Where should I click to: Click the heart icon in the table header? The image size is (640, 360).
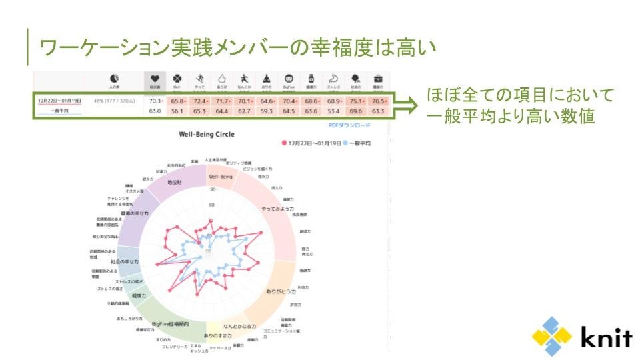click(x=155, y=79)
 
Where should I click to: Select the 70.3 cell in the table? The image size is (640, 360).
click(x=156, y=101)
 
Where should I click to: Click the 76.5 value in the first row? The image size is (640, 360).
click(x=379, y=101)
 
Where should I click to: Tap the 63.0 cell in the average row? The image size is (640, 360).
click(x=155, y=111)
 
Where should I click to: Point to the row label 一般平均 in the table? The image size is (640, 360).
click(x=59, y=111)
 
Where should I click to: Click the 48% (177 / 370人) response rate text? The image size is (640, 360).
click(x=115, y=101)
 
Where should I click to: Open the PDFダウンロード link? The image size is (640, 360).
click(x=350, y=125)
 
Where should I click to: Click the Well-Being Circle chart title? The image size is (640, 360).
click(x=207, y=134)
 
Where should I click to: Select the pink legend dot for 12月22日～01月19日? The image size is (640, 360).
click(x=284, y=143)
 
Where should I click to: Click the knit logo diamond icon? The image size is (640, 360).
click(x=551, y=336)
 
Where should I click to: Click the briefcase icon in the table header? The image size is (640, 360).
click(x=379, y=79)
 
